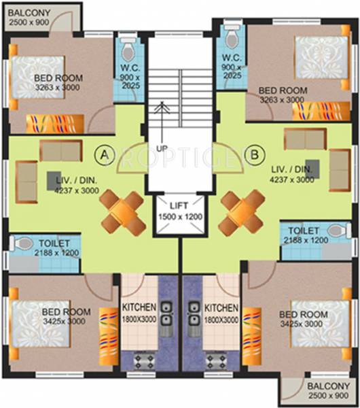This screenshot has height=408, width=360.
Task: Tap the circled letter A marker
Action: [x=105, y=154]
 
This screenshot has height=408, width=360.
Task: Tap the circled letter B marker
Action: [x=255, y=154]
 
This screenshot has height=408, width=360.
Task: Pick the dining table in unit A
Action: [x=122, y=209]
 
